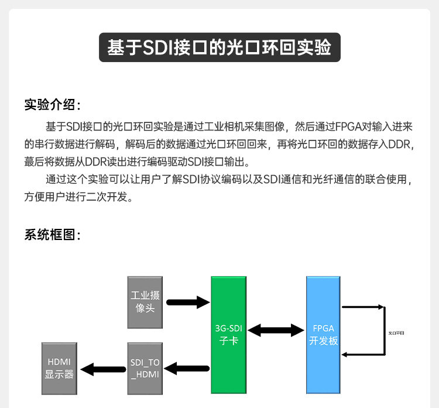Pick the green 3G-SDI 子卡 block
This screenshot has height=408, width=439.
click(228, 334)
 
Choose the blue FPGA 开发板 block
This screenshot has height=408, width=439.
click(323, 334)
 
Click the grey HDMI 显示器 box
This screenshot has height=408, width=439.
click(60, 368)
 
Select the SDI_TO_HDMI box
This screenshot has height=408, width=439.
click(145, 368)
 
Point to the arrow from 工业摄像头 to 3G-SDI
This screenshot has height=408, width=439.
click(188, 303)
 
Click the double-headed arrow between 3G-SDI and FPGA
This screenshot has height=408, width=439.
click(276, 330)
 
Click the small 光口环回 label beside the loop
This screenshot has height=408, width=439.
click(396, 332)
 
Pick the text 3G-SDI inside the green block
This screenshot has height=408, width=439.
click(228, 328)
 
